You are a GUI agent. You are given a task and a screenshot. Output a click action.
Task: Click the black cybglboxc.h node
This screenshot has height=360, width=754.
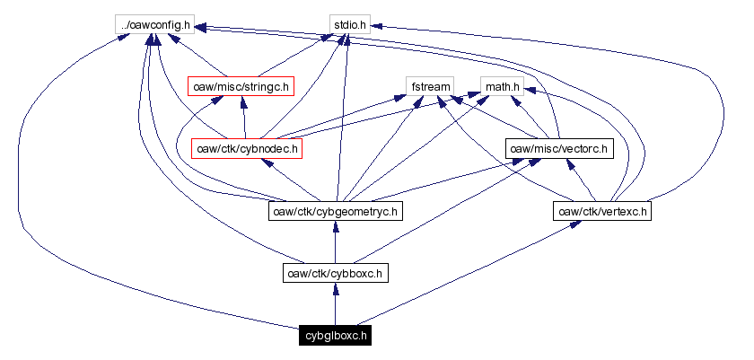pos(335,337)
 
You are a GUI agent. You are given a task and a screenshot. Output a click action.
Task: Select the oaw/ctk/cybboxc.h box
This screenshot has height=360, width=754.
pos(335,274)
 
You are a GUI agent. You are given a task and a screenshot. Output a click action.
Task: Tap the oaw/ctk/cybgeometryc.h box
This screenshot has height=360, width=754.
pos(335,212)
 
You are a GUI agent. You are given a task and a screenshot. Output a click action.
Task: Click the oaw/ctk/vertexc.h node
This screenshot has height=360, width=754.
pos(601,212)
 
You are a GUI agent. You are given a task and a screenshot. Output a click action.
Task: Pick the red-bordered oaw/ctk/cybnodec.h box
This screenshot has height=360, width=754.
pos(246,148)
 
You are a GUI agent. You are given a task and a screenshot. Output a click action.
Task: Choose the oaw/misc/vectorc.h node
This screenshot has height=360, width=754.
pos(558,148)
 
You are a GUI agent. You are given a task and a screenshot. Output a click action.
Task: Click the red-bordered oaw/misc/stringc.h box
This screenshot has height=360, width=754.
pos(240,86)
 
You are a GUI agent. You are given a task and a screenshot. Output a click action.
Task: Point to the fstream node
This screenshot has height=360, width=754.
pos(429,86)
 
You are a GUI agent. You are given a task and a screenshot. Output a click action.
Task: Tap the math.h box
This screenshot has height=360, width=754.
pos(502,86)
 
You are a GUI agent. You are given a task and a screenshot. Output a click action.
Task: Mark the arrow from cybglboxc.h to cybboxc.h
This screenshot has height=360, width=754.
pos(335,305)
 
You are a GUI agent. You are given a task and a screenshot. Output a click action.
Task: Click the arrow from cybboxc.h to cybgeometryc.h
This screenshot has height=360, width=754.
pos(335,242)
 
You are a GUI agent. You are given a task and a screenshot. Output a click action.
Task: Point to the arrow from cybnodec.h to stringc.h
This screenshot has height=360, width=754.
pos(243,117)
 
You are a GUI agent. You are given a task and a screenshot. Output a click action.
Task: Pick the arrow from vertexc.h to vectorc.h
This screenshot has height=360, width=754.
pos(580,180)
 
